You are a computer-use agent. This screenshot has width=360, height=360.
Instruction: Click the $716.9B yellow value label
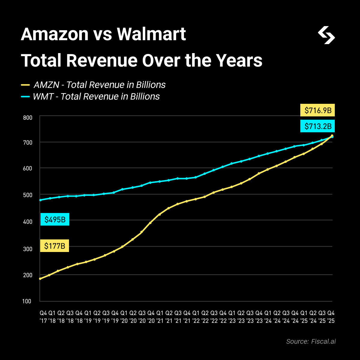(x=318, y=110)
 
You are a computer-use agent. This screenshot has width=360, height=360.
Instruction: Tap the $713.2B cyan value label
(x=318, y=126)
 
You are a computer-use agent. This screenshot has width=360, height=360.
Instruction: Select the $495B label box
(x=55, y=220)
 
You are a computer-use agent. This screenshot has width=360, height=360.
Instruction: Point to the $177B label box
(x=55, y=246)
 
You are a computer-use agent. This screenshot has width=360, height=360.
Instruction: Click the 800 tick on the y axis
(x=27, y=117)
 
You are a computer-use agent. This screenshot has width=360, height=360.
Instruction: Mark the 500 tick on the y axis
(x=27, y=195)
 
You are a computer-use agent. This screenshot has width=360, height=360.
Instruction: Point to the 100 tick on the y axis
(x=27, y=301)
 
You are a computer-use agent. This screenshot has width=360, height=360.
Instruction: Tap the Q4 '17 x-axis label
(x=43, y=317)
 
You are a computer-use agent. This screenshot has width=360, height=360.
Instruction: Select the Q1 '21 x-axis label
(x=160, y=317)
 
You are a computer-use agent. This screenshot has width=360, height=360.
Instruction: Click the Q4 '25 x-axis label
(x=331, y=317)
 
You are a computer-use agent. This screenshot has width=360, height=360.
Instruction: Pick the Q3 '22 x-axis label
(x=214, y=317)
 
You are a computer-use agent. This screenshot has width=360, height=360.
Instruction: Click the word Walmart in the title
(x=151, y=34)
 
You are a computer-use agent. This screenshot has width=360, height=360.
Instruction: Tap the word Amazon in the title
(x=55, y=34)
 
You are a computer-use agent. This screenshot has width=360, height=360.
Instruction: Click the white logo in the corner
(x=326, y=35)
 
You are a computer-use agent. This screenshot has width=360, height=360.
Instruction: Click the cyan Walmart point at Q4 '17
(x=40, y=200)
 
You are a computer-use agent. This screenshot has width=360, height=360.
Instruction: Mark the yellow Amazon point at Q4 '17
(x=40, y=279)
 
